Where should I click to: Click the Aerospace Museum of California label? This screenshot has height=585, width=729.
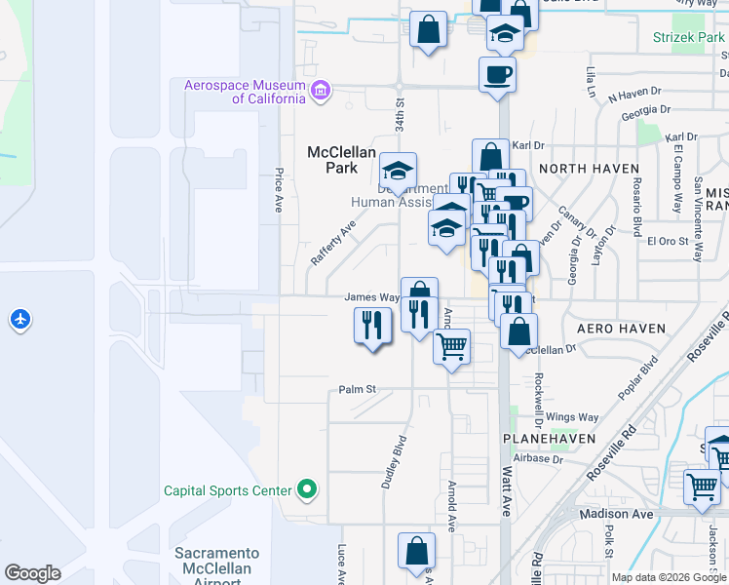coord(245,92)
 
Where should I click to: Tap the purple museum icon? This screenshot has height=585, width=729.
coord(322,94)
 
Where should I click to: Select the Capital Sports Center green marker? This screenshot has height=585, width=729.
coord(308,489)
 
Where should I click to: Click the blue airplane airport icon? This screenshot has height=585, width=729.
coord(19,319)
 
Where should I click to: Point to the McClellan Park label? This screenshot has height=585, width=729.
coord(335,159)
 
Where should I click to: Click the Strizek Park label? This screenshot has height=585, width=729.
coord(689,38)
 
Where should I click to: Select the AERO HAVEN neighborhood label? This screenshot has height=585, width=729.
coord(621,330)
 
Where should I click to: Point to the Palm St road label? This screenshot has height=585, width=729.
coord(358,389)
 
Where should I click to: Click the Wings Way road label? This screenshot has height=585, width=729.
coord(572,417)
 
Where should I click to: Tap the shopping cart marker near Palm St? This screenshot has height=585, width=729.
coord(451,347)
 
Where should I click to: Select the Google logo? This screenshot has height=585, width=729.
coord(32,573)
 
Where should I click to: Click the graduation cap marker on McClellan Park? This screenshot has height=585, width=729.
coord(398,170)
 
